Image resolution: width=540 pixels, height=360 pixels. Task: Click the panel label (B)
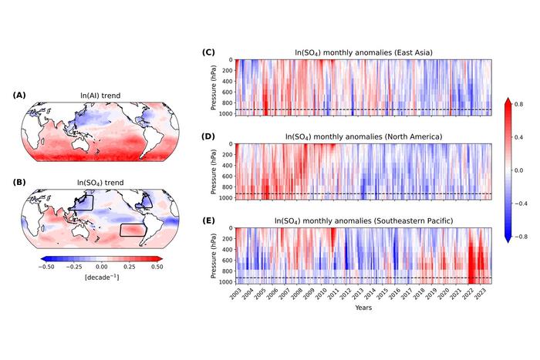coord(20,183)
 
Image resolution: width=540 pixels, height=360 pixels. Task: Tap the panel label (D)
coord(208,136)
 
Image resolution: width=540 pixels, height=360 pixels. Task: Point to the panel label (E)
coord(208,220)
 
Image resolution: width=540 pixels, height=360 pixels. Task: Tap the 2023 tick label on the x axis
coord(482,294)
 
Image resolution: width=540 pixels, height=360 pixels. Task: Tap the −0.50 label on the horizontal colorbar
coord(49,265)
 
